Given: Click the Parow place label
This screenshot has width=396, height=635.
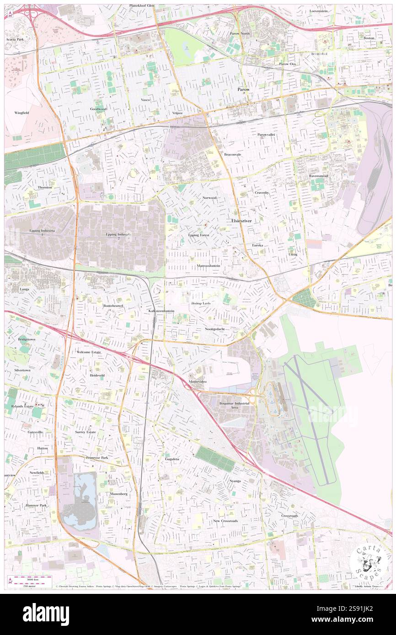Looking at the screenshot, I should (243, 90).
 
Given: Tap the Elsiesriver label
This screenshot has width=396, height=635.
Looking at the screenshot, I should (241, 220).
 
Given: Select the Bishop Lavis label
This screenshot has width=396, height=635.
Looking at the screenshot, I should (201, 303).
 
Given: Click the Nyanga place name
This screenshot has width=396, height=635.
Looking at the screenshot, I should (235, 481).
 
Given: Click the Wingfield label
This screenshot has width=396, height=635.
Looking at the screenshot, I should (21, 112).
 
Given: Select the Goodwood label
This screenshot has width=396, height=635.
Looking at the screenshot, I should (98, 109).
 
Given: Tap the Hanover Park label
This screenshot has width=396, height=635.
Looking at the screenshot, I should (37, 506).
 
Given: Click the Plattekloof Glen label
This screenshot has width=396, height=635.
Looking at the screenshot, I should (141, 6).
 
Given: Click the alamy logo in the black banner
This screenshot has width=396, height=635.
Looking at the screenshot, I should (46, 614).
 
